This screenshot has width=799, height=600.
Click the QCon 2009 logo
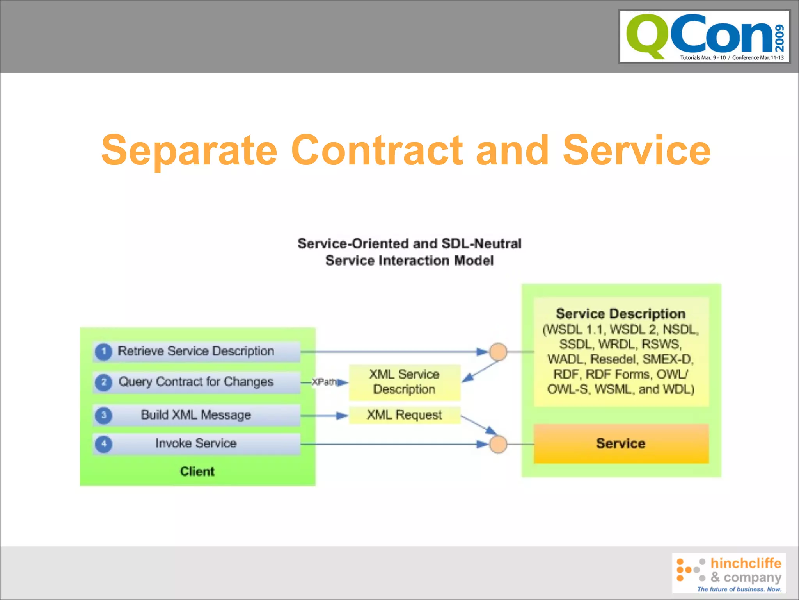coord(705,37)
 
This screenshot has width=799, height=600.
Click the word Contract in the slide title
coord(376,150)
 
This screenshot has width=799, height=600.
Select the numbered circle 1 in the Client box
coord(104,351)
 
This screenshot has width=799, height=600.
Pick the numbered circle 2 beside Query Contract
coord(104,382)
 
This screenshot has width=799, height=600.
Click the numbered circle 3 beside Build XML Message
coord(104,415)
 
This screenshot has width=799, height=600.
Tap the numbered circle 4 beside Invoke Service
coord(104,444)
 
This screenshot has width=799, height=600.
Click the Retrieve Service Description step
coord(196,351)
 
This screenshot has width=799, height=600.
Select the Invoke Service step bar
coord(196,444)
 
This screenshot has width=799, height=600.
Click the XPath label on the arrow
coord(323,382)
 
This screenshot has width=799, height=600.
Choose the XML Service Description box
coord(405,382)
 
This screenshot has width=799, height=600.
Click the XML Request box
coord(405,415)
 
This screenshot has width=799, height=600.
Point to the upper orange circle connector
coord(498,352)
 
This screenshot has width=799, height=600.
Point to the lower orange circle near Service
coord(498,444)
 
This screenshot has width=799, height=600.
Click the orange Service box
coord(621,444)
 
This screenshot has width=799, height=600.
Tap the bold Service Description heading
coord(621,314)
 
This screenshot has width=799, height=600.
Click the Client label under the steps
coord(197,471)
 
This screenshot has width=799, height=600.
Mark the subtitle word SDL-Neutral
coord(481,244)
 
